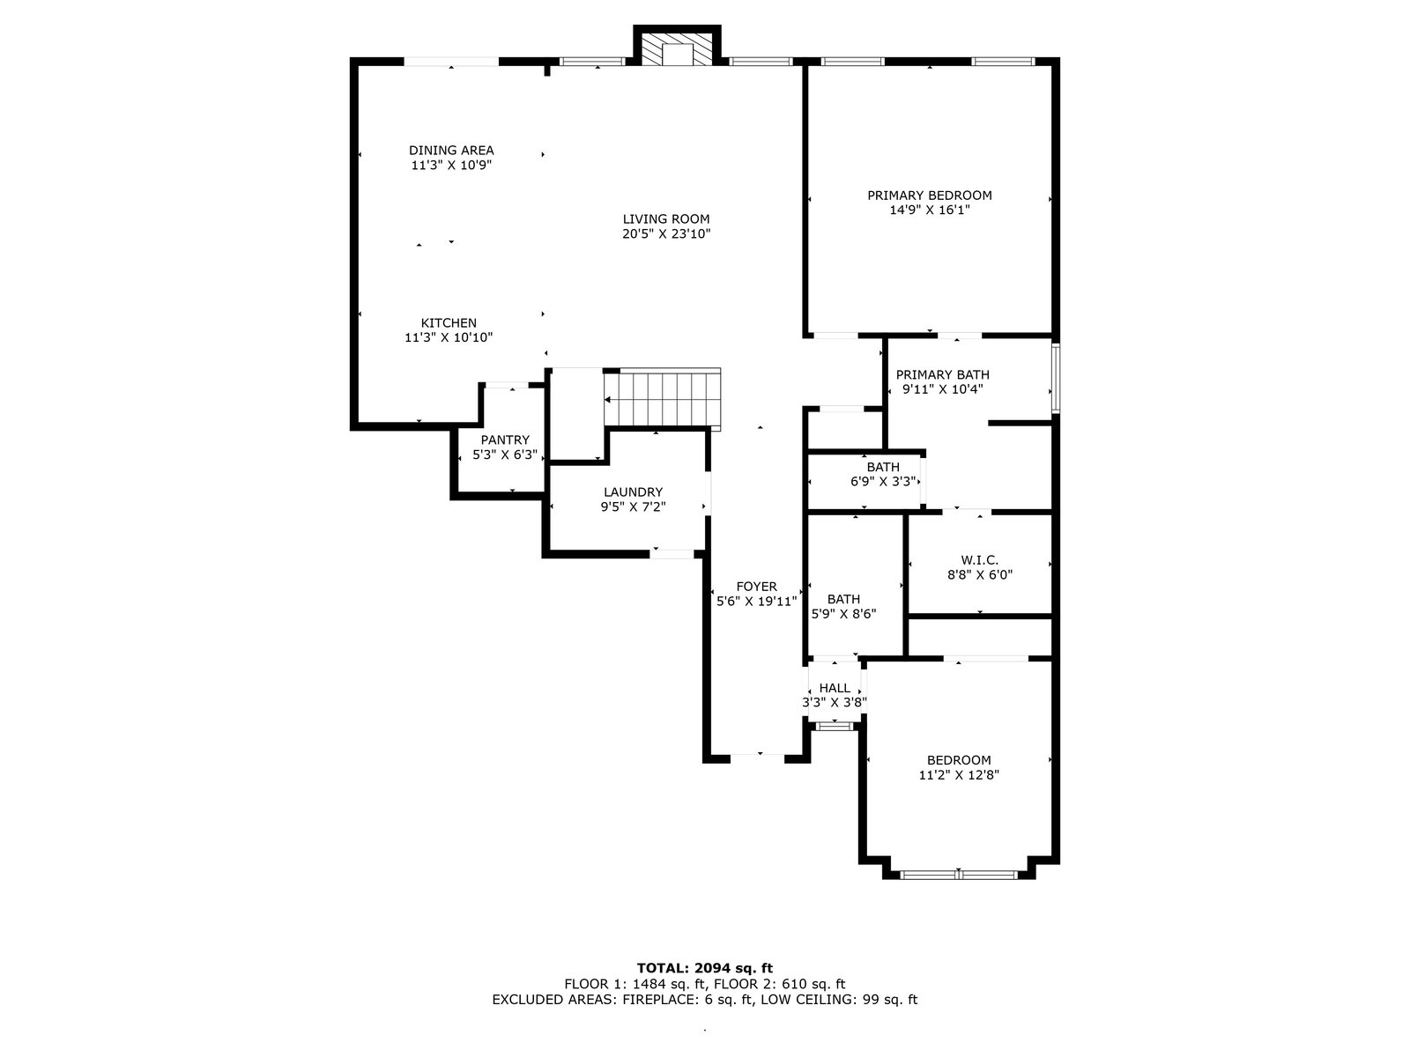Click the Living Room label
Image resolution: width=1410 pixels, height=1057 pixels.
point(666,218)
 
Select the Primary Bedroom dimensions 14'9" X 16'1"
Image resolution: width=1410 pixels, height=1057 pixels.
point(930,210)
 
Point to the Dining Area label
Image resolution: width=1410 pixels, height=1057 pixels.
point(451,150)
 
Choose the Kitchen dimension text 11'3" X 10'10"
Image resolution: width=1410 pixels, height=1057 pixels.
point(449,337)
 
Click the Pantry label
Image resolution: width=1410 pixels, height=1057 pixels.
point(505,440)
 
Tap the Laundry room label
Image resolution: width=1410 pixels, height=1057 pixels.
point(633,492)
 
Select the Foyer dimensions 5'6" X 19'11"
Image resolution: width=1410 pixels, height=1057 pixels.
point(757,602)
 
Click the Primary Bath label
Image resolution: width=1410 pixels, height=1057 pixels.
point(942,374)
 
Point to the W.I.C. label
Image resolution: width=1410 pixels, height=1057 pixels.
point(980,560)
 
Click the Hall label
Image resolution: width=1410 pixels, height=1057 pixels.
point(835,688)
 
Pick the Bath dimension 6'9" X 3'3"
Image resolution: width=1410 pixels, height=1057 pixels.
point(883,481)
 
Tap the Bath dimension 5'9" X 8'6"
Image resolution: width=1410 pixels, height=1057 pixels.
point(843,614)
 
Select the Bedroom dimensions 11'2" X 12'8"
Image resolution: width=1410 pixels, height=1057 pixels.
point(959,774)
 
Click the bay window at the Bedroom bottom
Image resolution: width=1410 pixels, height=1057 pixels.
point(959,874)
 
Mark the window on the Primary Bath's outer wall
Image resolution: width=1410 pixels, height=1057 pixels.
point(1055,378)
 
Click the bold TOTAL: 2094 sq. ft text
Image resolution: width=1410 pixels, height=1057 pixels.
point(705,968)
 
